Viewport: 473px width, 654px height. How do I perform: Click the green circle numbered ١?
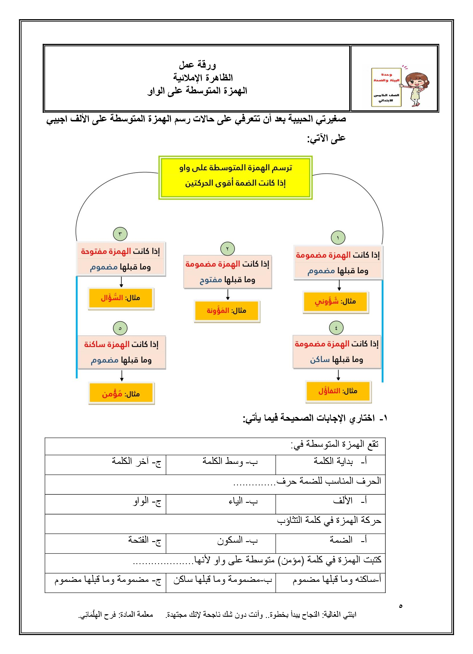click(x=338, y=238)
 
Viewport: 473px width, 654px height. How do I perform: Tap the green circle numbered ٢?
click(x=227, y=249)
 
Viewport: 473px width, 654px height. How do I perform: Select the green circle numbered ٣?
click(x=120, y=234)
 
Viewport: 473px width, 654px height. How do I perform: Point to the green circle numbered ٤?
click(x=336, y=328)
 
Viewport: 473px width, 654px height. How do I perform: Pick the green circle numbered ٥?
click(x=120, y=328)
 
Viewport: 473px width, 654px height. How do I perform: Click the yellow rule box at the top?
click(x=235, y=178)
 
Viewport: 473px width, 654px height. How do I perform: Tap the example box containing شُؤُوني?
click(x=336, y=302)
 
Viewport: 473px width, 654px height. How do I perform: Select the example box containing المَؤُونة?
click(x=227, y=311)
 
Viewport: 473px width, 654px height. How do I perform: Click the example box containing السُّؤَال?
click(x=121, y=298)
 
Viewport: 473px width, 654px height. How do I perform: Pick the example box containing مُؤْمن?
click(x=121, y=394)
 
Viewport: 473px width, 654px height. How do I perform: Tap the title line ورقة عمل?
click(x=197, y=65)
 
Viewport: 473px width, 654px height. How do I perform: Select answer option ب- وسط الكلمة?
click(x=230, y=461)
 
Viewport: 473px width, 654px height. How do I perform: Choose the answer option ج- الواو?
click(x=147, y=501)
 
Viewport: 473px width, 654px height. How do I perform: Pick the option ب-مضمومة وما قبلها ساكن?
click(x=222, y=580)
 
